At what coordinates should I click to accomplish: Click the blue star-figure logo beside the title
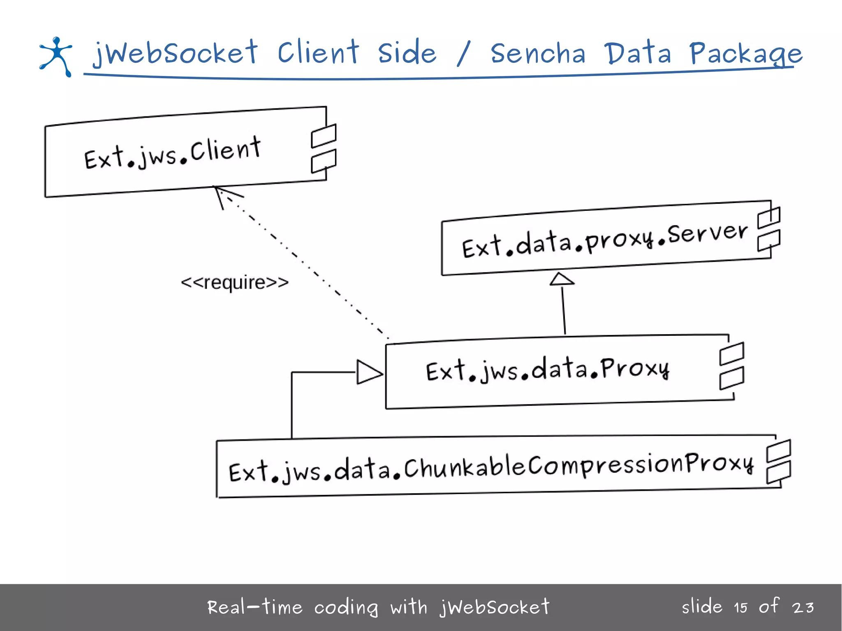(56, 56)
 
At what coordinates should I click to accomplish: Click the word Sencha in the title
(538, 54)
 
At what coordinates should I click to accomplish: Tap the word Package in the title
(745, 54)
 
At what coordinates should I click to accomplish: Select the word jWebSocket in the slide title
(175, 53)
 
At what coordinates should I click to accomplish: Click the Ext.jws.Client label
(173, 153)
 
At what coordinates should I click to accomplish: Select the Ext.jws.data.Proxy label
(547, 370)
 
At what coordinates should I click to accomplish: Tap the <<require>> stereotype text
(235, 283)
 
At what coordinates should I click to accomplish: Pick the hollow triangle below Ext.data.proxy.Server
(562, 279)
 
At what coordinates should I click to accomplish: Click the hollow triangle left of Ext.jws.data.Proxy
(368, 372)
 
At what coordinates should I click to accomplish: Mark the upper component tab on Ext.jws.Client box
(324, 136)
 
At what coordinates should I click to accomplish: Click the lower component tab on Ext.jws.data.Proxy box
(731, 378)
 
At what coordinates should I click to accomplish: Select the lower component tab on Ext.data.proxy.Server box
(769, 240)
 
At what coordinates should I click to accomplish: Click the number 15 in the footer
(740, 608)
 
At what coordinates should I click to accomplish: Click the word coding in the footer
(346, 608)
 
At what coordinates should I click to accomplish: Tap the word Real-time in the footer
(255, 607)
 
